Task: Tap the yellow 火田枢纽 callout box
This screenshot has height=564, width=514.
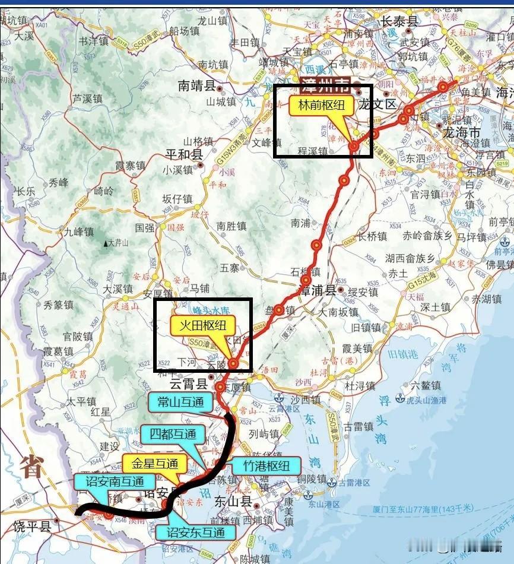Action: (x=203, y=325)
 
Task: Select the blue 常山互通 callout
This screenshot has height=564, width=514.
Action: (x=180, y=402)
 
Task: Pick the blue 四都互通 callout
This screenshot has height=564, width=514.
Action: (x=173, y=434)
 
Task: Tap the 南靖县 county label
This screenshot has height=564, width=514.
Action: (x=196, y=86)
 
